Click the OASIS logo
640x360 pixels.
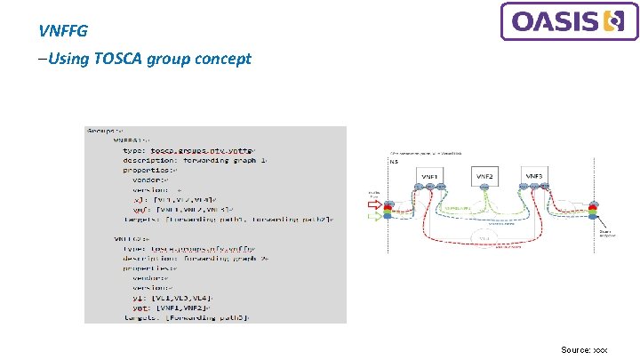click(x=570, y=21)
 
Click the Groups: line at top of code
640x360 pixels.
click(x=105, y=130)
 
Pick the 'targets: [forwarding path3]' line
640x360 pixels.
click(x=187, y=316)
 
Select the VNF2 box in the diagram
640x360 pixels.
click(x=484, y=178)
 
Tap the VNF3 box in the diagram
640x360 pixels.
click(x=534, y=178)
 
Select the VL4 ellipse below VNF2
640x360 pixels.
click(x=485, y=238)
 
